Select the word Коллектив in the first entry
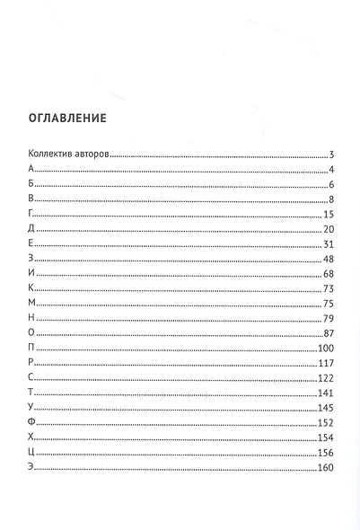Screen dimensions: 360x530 50,155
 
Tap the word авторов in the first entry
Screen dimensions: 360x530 92,155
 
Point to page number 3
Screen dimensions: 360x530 331,155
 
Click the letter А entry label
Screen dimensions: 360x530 31,170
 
